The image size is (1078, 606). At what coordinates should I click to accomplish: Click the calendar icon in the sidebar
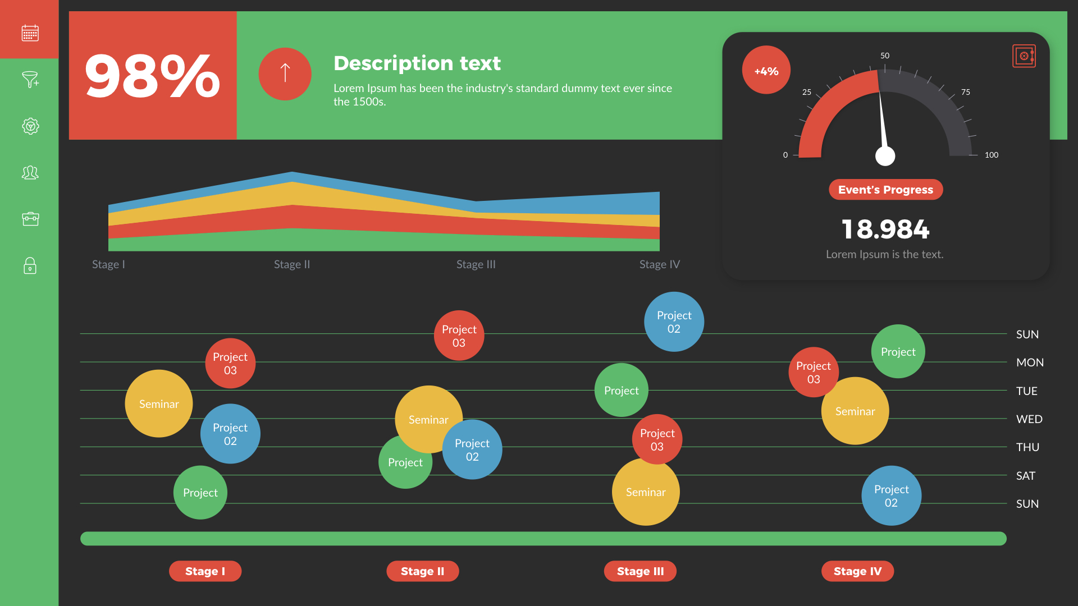click(30, 33)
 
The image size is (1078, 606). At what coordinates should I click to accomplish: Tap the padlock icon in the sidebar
click(30, 265)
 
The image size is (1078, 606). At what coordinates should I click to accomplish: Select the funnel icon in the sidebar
click(30, 80)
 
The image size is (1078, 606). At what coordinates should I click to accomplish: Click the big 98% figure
click(152, 76)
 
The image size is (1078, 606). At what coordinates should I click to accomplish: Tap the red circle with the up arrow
click(285, 74)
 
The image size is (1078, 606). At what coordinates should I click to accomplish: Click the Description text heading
click(417, 63)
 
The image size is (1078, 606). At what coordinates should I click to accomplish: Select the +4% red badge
click(766, 71)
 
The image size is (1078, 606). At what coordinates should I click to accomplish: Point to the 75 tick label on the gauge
click(965, 92)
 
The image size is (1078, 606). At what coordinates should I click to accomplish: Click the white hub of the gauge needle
click(885, 156)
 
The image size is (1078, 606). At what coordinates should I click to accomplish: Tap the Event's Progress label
click(885, 190)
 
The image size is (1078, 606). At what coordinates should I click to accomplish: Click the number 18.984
click(885, 229)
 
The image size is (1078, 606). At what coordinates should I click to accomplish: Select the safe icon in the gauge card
click(1024, 56)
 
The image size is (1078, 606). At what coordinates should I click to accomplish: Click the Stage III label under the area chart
click(476, 264)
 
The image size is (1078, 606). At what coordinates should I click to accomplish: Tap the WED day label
click(1029, 419)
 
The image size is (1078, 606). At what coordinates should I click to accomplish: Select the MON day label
click(1029, 362)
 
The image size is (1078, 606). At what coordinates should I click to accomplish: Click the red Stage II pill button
click(422, 571)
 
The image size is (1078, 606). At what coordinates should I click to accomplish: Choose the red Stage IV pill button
click(857, 571)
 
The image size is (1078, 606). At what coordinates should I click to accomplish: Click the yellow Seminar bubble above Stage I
click(159, 403)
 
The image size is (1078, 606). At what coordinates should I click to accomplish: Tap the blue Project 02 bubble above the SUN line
click(674, 322)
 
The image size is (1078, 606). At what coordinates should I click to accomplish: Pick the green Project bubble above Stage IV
click(898, 352)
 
